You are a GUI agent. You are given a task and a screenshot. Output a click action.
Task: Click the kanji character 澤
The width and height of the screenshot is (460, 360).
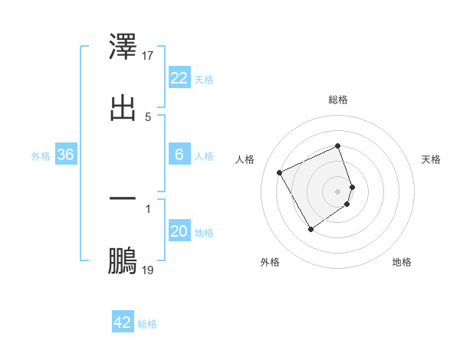[x=123, y=48]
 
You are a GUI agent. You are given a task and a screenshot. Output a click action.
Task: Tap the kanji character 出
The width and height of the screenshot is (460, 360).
[x=123, y=108]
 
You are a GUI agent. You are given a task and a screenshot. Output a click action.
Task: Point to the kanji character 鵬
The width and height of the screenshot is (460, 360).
[x=123, y=261]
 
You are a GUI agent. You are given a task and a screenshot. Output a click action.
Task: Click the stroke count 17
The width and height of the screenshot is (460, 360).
[x=148, y=55]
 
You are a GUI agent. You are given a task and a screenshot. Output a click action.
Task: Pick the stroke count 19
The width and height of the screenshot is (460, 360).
[x=148, y=270]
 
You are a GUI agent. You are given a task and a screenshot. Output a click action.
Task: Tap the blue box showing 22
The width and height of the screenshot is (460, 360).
[x=179, y=78]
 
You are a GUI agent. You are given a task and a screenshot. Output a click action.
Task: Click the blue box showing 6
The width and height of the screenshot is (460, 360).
[x=179, y=155]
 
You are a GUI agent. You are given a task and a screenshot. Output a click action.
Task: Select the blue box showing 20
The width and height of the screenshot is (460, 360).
[x=179, y=231]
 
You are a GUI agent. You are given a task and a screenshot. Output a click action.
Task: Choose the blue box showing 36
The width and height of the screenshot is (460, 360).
[x=66, y=155]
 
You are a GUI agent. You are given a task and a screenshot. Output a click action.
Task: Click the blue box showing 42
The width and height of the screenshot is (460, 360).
[x=123, y=322]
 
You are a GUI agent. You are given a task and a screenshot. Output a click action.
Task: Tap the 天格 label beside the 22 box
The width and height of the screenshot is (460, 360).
[x=204, y=79]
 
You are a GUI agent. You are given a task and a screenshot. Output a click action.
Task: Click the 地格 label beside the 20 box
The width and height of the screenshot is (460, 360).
[x=204, y=233]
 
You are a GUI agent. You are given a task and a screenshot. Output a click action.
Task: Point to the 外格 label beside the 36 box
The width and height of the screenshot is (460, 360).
[x=41, y=156]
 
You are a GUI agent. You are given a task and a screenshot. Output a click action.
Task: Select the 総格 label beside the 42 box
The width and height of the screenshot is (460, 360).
[x=147, y=324]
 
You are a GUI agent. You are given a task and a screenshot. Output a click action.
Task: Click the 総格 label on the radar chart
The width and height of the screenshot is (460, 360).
[x=338, y=100]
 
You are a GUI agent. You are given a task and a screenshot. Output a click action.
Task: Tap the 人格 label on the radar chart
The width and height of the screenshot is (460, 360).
[x=245, y=159]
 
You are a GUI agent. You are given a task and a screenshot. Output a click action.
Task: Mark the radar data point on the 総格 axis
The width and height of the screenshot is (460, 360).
[x=338, y=146]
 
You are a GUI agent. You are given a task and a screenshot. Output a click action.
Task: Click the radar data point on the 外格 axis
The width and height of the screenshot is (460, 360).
[x=310, y=229]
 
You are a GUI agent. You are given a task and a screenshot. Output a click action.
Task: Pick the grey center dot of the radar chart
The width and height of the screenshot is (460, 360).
[x=338, y=191]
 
